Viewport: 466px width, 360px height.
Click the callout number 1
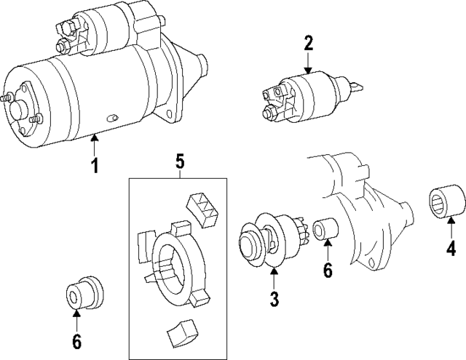click(94, 167)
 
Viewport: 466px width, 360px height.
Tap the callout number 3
click(275, 298)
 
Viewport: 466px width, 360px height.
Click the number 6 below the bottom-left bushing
click(76, 340)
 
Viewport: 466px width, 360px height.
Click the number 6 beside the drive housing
click(327, 271)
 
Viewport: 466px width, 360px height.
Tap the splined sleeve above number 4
click(443, 201)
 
